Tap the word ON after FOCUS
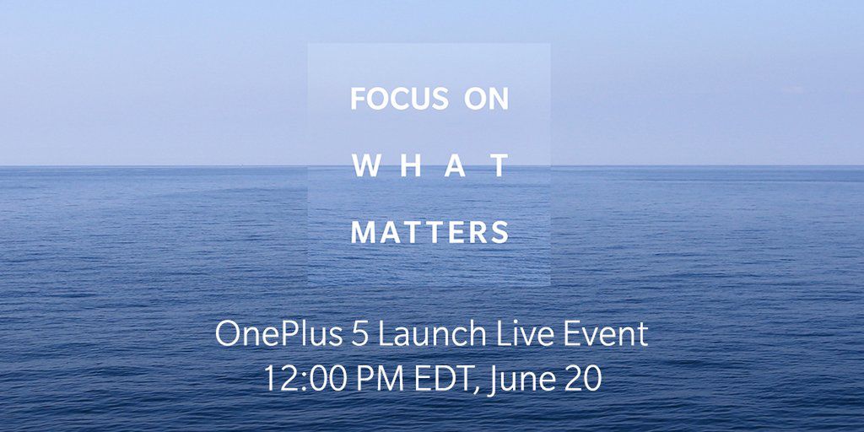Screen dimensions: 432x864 pos(487,100)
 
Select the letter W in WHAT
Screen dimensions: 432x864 pos(364,166)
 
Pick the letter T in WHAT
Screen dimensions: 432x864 pos(500,166)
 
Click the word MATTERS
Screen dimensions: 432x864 pos(430,232)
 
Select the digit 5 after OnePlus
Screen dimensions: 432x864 pos(358,335)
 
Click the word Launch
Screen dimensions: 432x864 pos(431,335)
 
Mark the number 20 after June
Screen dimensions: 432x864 pos(581,377)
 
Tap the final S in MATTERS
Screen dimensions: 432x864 pos(501,232)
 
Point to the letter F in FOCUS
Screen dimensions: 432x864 pos(358,100)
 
